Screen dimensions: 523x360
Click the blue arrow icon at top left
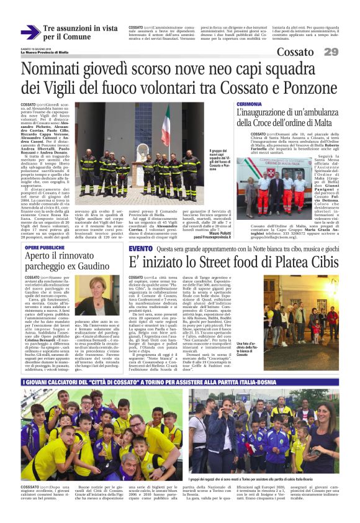click(x=30, y=32)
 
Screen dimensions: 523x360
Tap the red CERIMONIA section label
click(x=249, y=104)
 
